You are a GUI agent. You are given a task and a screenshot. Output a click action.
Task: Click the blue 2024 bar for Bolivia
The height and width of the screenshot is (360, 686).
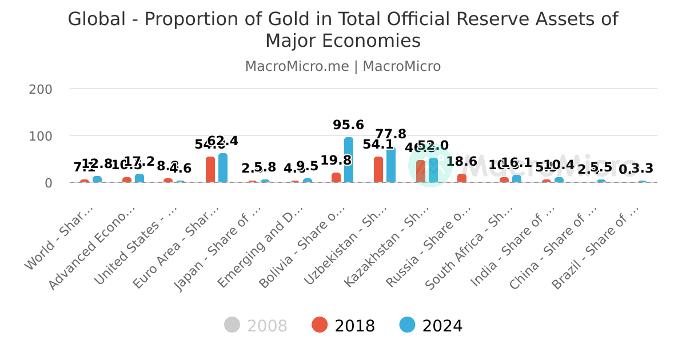pos(349,160)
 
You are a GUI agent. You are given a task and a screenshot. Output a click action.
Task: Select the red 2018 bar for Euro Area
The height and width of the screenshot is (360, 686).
pos(210,170)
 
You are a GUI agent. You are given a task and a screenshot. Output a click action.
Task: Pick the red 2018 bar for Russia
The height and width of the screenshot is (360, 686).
pos(462,178)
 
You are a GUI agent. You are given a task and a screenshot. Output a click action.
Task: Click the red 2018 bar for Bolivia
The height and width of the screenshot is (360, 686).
pos(336,178)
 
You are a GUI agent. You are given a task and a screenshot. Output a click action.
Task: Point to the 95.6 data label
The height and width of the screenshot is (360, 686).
pos(349,125)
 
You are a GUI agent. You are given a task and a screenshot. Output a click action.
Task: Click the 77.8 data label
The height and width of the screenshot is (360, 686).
pos(391,134)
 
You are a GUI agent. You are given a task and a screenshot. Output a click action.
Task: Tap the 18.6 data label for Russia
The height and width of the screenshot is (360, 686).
pos(462,162)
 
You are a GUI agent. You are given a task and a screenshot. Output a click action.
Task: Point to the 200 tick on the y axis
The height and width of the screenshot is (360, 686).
pos(41,90)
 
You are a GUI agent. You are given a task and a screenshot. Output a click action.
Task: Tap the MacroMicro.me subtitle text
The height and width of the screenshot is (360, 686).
pos(297,66)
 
